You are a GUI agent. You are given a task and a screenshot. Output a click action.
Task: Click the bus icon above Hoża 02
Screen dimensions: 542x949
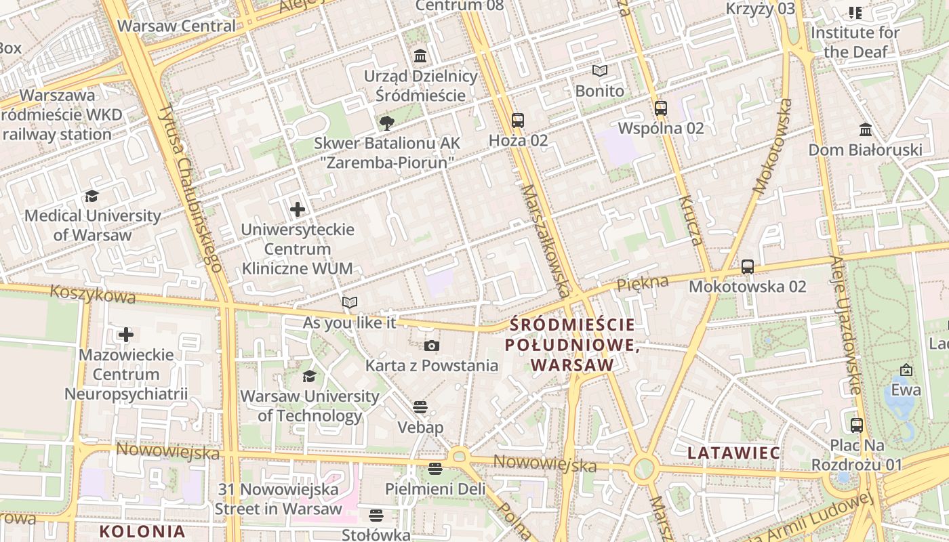coord(518,121)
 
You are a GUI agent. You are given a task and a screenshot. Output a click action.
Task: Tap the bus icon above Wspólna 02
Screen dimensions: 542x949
coord(661,108)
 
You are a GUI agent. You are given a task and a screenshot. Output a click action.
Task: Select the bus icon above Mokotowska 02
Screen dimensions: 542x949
coord(748,266)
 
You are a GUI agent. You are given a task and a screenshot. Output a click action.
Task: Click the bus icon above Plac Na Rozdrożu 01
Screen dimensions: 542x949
coord(857,425)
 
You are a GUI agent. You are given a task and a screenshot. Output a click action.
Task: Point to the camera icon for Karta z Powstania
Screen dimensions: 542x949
coord(432,346)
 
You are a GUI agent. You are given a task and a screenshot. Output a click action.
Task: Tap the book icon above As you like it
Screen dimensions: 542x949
coord(349,302)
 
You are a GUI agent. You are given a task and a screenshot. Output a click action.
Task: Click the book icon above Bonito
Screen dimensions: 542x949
coord(600,70)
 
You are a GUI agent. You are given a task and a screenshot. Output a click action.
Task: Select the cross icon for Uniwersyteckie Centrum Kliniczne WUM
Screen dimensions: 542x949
coord(298,209)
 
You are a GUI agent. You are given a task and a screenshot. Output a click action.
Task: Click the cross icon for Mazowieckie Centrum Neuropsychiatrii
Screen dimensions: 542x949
coord(126,335)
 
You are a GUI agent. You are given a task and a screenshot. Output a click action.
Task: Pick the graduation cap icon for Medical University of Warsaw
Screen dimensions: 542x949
coord(92,196)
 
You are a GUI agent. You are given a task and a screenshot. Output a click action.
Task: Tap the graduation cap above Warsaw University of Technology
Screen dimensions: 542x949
coord(309,376)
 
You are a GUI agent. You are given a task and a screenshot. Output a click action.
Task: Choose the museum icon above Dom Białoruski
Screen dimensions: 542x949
coord(866,129)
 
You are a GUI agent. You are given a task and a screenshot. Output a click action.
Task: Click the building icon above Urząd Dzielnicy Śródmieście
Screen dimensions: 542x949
coord(420,56)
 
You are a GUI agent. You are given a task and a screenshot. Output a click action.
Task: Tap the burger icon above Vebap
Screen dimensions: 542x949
coord(420,407)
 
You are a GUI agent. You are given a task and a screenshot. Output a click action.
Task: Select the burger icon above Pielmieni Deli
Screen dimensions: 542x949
coord(435,468)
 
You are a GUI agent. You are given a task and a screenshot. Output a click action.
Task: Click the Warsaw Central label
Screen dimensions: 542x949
coord(177,26)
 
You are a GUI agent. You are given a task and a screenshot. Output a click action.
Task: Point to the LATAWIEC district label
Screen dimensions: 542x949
coord(734,452)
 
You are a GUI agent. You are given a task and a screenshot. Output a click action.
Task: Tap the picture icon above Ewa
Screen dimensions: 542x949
coord(906,370)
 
